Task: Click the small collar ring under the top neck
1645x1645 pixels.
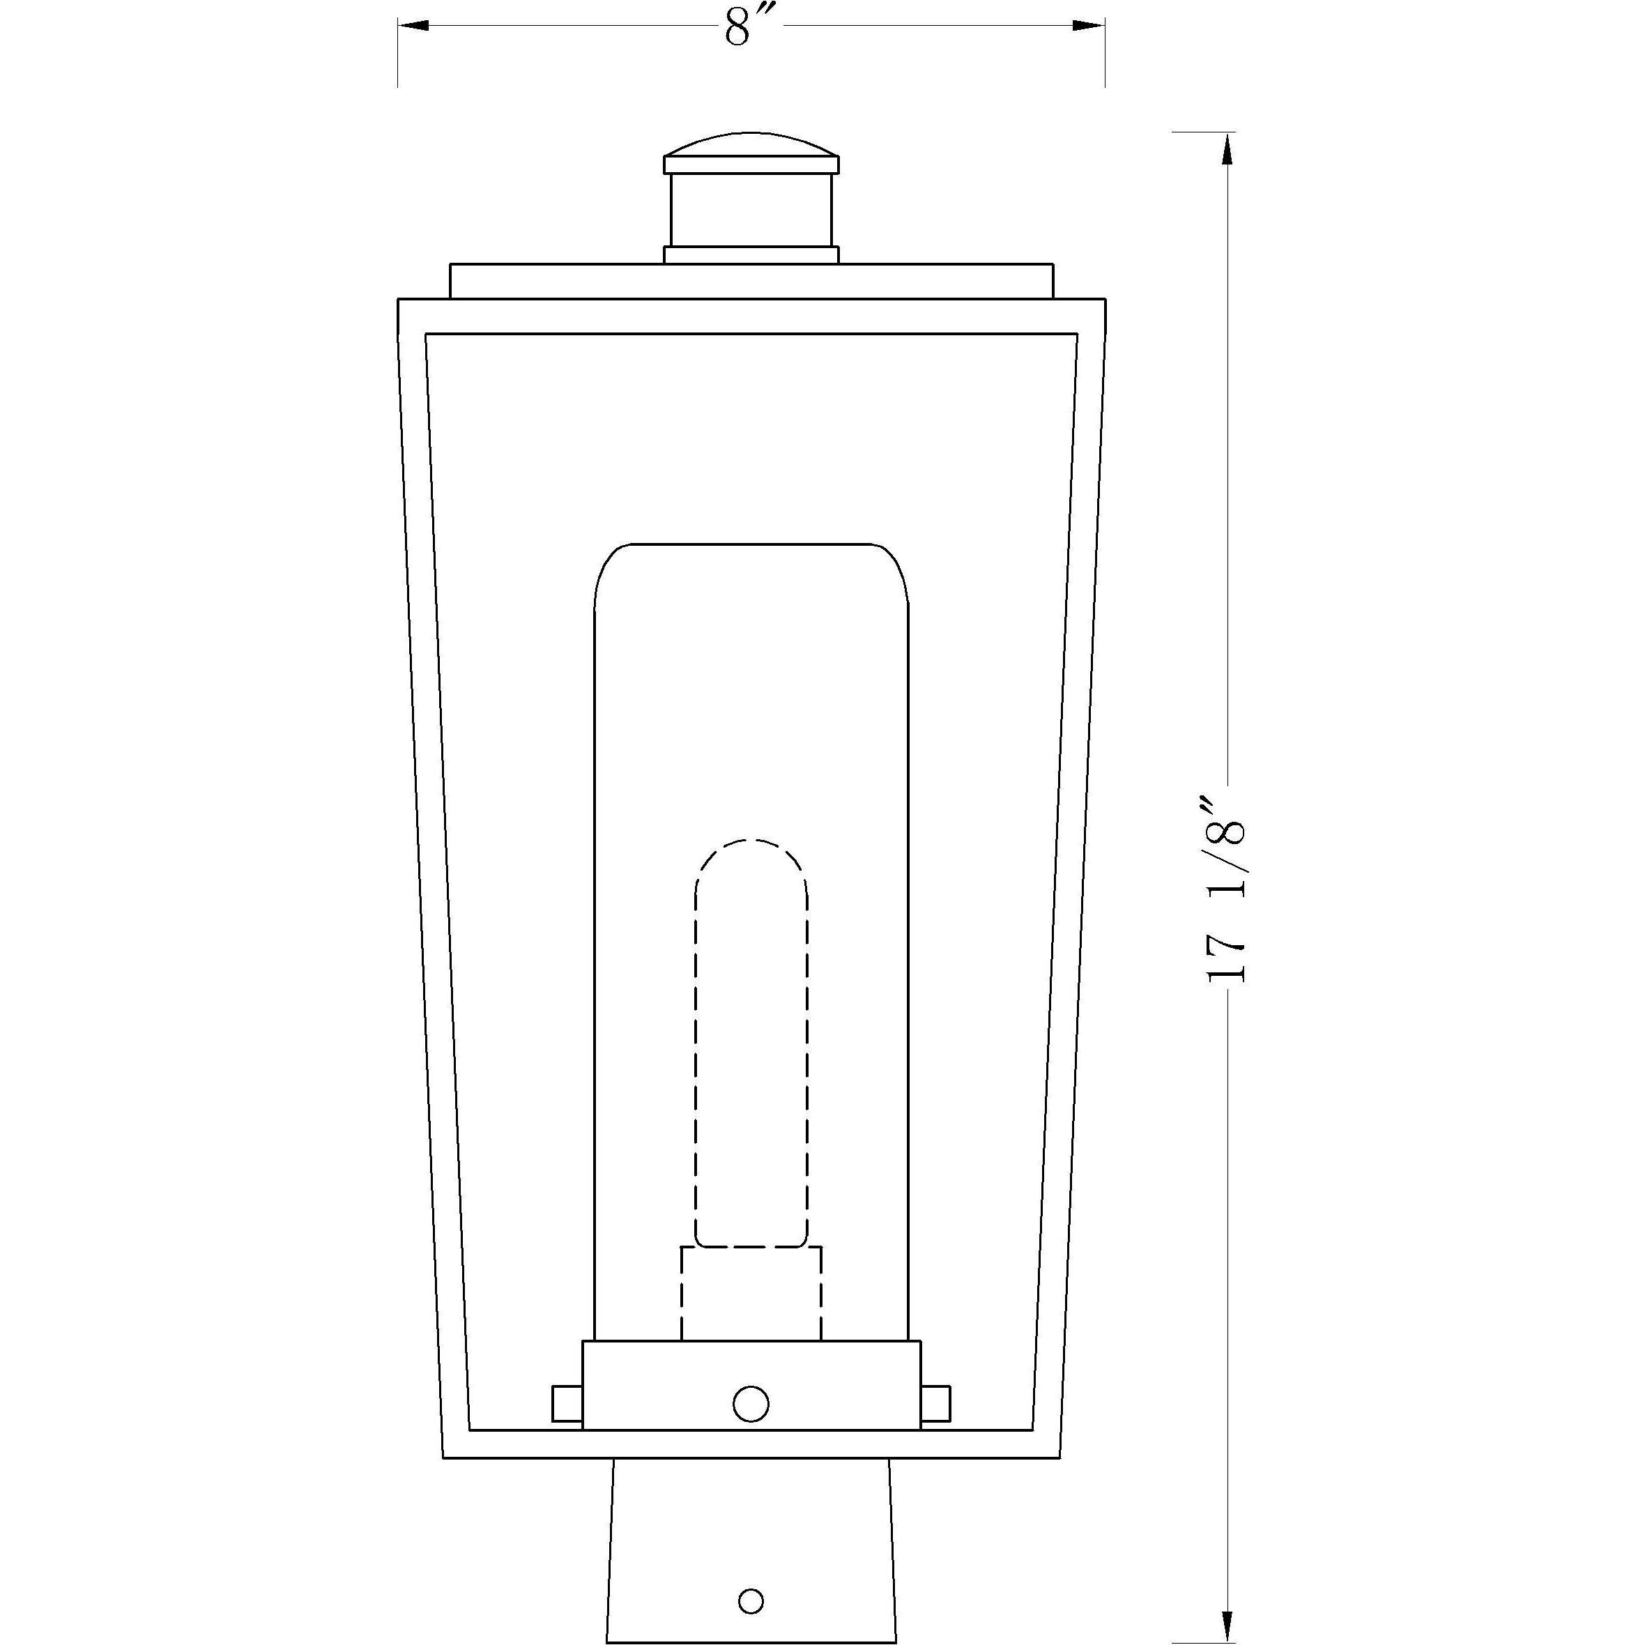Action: coord(751,254)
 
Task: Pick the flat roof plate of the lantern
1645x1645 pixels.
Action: coord(751,281)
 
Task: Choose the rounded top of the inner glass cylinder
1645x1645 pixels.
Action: coord(751,570)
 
